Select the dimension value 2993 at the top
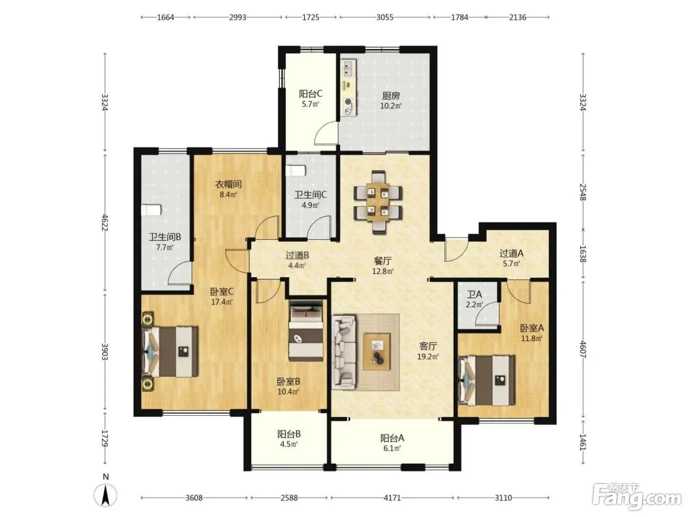coord(238,18)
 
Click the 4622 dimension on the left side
coord(104,223)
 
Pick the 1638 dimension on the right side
coord(583,254)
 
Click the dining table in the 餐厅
coord(378,202)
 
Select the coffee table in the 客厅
coord(377,352)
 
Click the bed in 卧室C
coord(170,352)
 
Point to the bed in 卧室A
coord(487,380)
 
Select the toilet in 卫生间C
coord(296,171)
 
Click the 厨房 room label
coord(391,95)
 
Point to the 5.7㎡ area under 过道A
coord(511,264)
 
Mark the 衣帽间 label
coord(228,184)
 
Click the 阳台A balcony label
coord(392,438)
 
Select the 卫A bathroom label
coord(474,294)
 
